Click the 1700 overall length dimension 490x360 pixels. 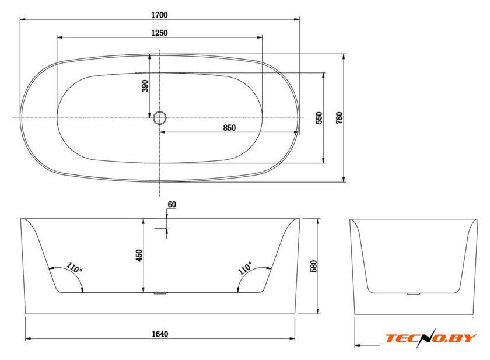(159, 15)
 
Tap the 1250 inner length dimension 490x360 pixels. (159, 33)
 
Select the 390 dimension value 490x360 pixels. (145, 86)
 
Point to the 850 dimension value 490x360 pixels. (229, 128)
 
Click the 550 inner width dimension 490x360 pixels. (319, 118)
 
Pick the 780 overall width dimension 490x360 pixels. (339, 118)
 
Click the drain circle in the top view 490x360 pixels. (159, 118)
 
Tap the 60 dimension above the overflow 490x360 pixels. (172, 204)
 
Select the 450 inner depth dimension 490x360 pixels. (139, 256)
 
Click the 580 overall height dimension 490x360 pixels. (314, 266)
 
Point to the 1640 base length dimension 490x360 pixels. (160, 334)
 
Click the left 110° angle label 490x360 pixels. (75, 268)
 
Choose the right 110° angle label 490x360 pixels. (244, 268)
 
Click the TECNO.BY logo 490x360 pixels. (430, 338)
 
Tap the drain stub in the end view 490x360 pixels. (414, 293)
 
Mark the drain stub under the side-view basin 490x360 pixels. (160, 293)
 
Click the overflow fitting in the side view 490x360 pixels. (162, 229)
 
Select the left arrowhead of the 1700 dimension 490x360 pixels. (23, 19)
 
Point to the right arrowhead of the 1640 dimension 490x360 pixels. (292, 338)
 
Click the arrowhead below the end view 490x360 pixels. (358, 345)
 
